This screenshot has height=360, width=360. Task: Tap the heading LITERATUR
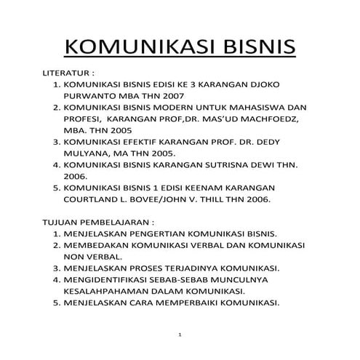point(68,74)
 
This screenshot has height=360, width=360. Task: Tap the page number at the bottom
point(179,335)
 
